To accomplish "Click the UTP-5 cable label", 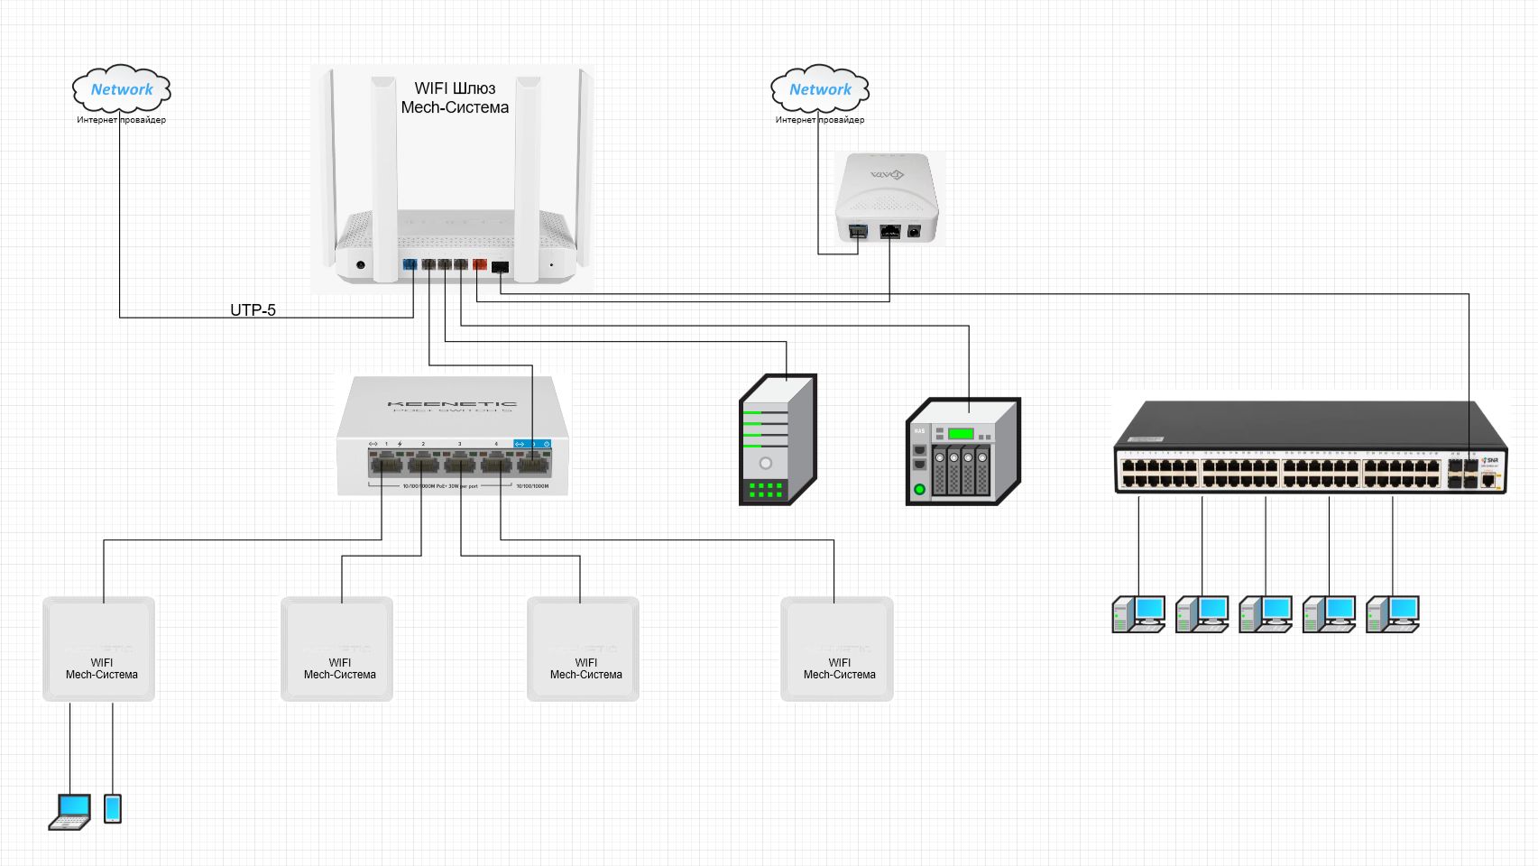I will (253, 309).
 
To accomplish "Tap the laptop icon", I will (70, 811).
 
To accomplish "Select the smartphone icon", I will (113, 808).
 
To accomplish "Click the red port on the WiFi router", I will (480, 264).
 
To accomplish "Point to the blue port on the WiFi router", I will (410, 264).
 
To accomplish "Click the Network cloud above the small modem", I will (820, 89).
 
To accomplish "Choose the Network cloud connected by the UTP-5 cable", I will (122, 89).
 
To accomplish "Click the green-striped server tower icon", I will (777, 439).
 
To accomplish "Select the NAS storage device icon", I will (962, 451).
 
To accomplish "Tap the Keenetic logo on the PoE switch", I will (452, 404).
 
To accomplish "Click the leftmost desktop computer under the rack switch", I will (1138, 614).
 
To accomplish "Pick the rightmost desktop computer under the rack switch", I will (1393, 614).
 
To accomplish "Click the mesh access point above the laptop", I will (99, 649).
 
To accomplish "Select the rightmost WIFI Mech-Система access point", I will (837, 649).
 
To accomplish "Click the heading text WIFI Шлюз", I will (455, 88).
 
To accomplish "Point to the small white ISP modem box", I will (888, 198).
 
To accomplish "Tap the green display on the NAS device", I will (961, 434).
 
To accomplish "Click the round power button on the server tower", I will (766, 464).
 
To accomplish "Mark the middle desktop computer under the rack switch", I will (1266, 614).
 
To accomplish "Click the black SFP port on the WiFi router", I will (500, 267).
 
